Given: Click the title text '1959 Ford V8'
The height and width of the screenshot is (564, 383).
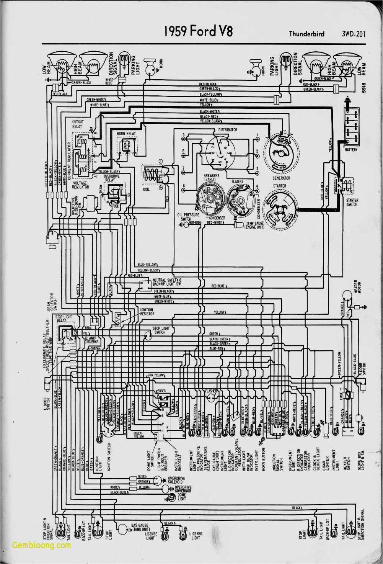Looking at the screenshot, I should click(198, 31).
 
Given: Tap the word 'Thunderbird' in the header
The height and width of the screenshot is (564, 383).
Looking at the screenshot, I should click(306, 34).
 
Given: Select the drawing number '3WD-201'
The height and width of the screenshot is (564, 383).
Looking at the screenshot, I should click(354, 34).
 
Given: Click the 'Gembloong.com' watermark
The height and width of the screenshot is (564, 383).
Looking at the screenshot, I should click(41, 545).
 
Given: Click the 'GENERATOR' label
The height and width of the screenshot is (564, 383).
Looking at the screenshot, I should click(281, 178).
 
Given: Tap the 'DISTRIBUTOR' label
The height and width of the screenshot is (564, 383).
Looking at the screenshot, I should click(228, 130).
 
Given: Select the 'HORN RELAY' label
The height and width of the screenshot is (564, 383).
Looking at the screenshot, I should click(126, 134).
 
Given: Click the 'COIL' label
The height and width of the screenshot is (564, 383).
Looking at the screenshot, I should click(146, 189).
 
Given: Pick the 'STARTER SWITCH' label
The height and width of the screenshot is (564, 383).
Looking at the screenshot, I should click(352, 202).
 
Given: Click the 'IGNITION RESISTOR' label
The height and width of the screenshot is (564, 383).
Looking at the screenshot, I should click(147, 312).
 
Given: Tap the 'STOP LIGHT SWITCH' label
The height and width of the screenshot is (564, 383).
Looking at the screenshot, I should click(161, 330).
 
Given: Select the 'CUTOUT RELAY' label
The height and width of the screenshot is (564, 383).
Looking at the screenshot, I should click(78, 124).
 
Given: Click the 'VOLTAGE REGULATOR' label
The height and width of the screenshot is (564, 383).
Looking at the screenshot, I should click(81, 185).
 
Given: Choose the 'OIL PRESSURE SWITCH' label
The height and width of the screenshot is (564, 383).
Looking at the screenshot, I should click(188, 217).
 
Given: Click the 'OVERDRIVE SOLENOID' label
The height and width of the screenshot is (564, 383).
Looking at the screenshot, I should click(176, 480).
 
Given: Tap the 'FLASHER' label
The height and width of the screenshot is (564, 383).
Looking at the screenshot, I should click(211, 391).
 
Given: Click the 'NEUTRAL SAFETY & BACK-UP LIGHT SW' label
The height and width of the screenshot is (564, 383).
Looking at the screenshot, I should click(167, 282).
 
